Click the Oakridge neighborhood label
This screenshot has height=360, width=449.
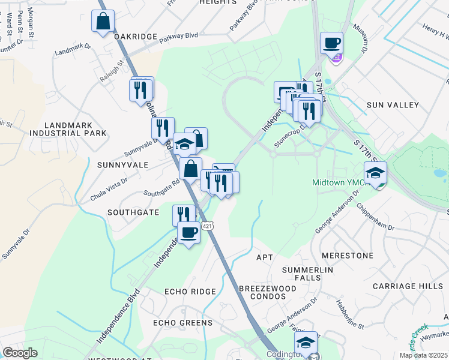136,37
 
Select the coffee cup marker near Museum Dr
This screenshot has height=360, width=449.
332,43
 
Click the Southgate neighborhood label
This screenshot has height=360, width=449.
133,212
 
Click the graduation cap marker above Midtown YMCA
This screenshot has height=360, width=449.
375,174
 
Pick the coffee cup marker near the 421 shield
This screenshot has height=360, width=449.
189,233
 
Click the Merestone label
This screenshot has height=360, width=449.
348,256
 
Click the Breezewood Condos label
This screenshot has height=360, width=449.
268,293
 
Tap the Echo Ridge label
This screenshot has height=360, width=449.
190,292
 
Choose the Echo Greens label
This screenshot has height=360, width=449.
183,323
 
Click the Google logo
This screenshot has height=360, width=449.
20,353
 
